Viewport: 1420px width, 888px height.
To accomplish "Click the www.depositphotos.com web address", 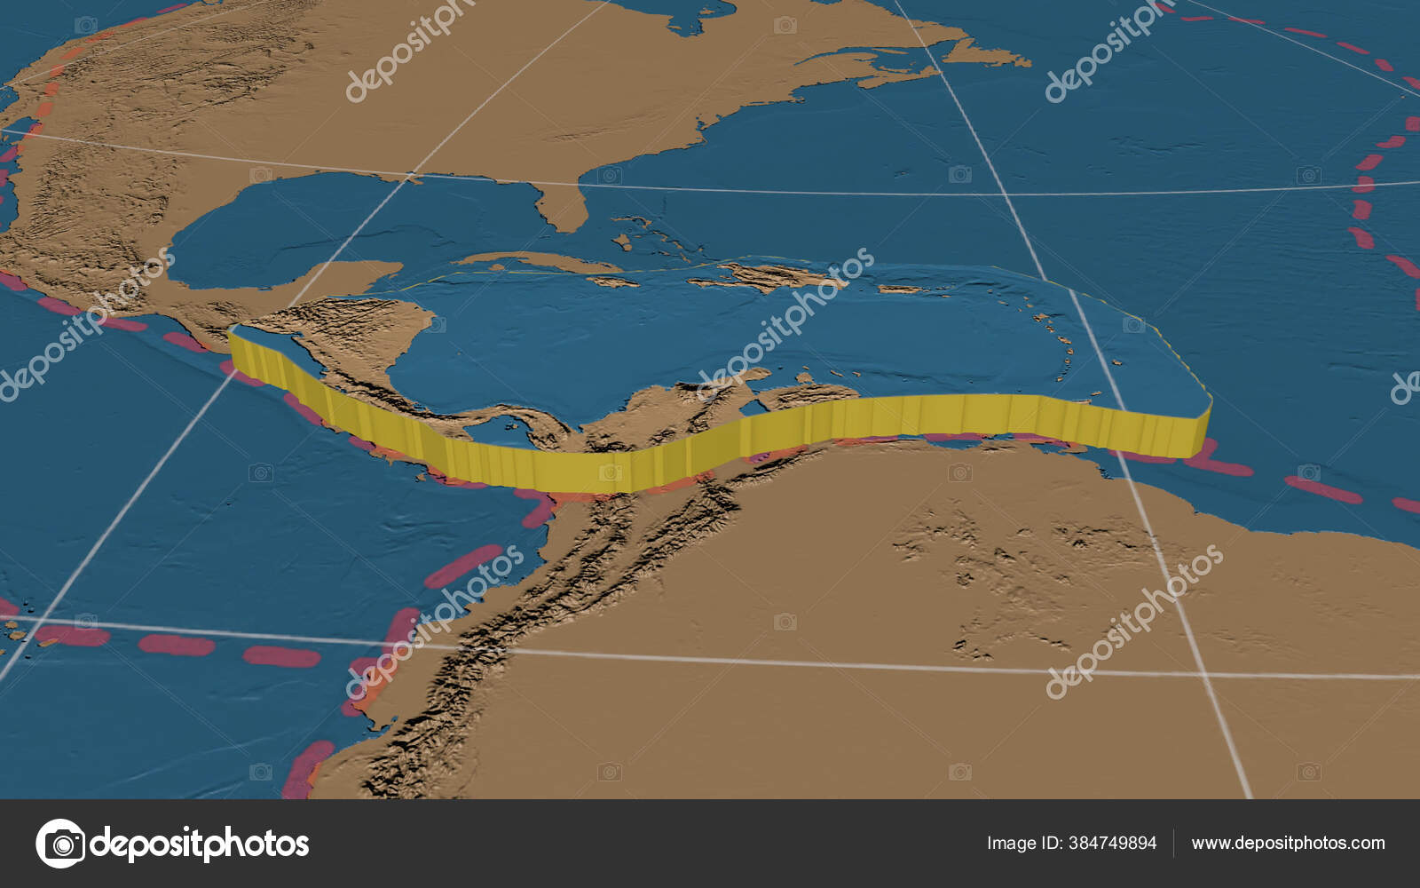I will [1288, 844].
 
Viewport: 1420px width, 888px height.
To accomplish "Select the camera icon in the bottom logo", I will [60, 844].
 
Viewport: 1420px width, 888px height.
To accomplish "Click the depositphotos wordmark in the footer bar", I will [200, 844].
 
